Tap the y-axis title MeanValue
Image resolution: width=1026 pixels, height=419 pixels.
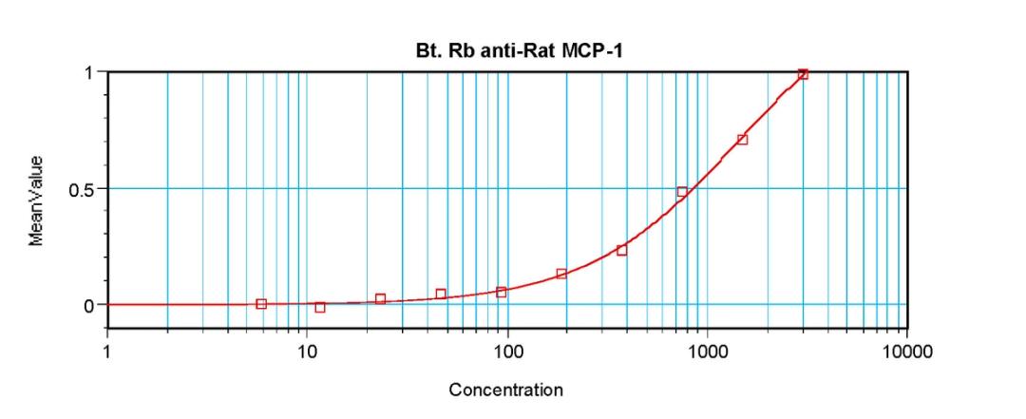coord(36,200)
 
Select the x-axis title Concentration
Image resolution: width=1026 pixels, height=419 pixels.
coord(505,390)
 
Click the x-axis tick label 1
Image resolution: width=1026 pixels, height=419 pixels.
coord(107,352)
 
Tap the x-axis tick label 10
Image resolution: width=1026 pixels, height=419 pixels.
coord(307,352)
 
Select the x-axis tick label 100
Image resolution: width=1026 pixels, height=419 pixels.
coord(507,352)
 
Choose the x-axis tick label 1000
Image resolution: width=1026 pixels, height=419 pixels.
coord(707,352)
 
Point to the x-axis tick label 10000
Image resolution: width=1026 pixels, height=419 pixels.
coord(906,352)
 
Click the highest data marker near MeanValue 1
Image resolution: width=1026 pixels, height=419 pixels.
coord(803,74)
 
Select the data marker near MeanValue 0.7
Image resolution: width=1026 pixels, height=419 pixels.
coord(742,140)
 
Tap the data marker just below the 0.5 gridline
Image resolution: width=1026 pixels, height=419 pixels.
coord(682,192)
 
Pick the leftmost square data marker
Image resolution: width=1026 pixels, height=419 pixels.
coord(261,304)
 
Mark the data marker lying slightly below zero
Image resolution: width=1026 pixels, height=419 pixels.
coord(320,307)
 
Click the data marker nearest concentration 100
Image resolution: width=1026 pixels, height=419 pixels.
coord(501,292)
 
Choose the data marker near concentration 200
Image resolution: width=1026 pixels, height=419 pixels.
coord(561,274)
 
